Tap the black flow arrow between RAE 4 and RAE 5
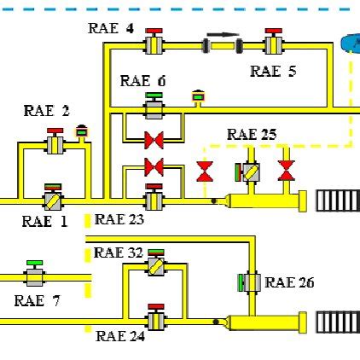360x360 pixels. pos(219,38)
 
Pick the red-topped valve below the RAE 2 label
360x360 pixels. pos(55,142)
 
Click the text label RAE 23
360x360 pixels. pos(118,219)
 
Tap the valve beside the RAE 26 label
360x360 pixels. pos(247,282)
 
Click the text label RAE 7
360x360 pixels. pos(36,300)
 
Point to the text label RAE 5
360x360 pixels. pos(273,72)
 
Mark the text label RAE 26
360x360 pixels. pos(289,282)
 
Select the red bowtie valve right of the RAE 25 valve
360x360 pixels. pos(287,171)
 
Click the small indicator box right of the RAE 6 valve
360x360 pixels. pos(198,97)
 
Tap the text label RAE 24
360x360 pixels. pos(120,336)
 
